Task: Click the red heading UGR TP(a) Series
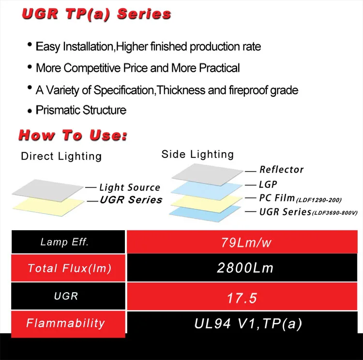96,14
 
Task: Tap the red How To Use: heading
73,135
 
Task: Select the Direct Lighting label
61,156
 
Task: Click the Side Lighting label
197,154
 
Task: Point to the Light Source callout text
129,188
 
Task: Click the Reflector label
281,170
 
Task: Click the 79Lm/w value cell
244,242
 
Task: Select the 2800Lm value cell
244,268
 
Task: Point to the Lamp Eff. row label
64,242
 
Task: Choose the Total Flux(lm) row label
69,268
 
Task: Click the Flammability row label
65,323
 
